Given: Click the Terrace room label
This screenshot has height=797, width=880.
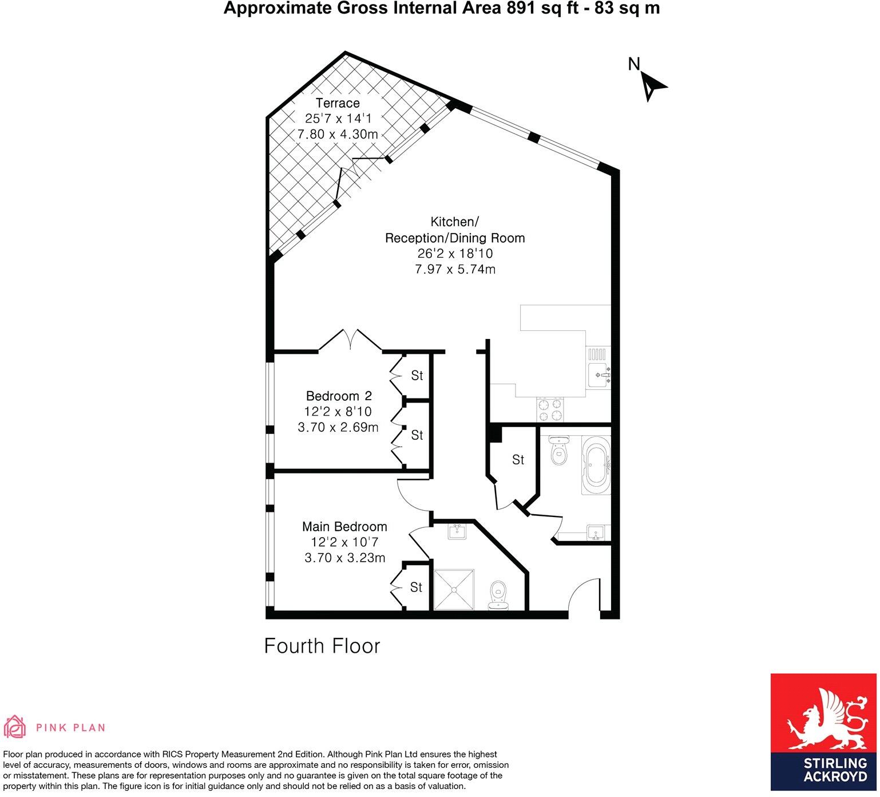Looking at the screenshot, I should click(x=338, y=103).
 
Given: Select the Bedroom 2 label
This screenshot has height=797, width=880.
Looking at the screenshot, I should click(x=339, y=396).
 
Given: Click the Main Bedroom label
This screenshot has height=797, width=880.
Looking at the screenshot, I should click(x=344, y=526).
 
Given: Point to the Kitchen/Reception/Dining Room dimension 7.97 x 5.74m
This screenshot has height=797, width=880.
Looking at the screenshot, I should click(x=455, y=269).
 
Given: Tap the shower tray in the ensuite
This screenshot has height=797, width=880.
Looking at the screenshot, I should click(x=454, y=589).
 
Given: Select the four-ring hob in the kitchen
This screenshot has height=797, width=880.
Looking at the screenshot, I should click(x=549, y=410).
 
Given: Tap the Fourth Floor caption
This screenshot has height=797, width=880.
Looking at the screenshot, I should click(x=322, y=646).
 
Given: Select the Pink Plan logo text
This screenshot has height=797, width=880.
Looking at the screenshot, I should click(x=70, y=728).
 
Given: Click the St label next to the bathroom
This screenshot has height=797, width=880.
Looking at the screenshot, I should click(x=518, y=460).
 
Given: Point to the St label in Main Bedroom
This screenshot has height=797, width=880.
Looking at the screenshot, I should click(x=416, y=587).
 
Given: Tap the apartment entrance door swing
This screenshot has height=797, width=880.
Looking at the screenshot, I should click(x=582, y=598).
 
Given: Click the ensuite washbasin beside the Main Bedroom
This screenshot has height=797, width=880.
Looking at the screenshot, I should click(x=457, y=531).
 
